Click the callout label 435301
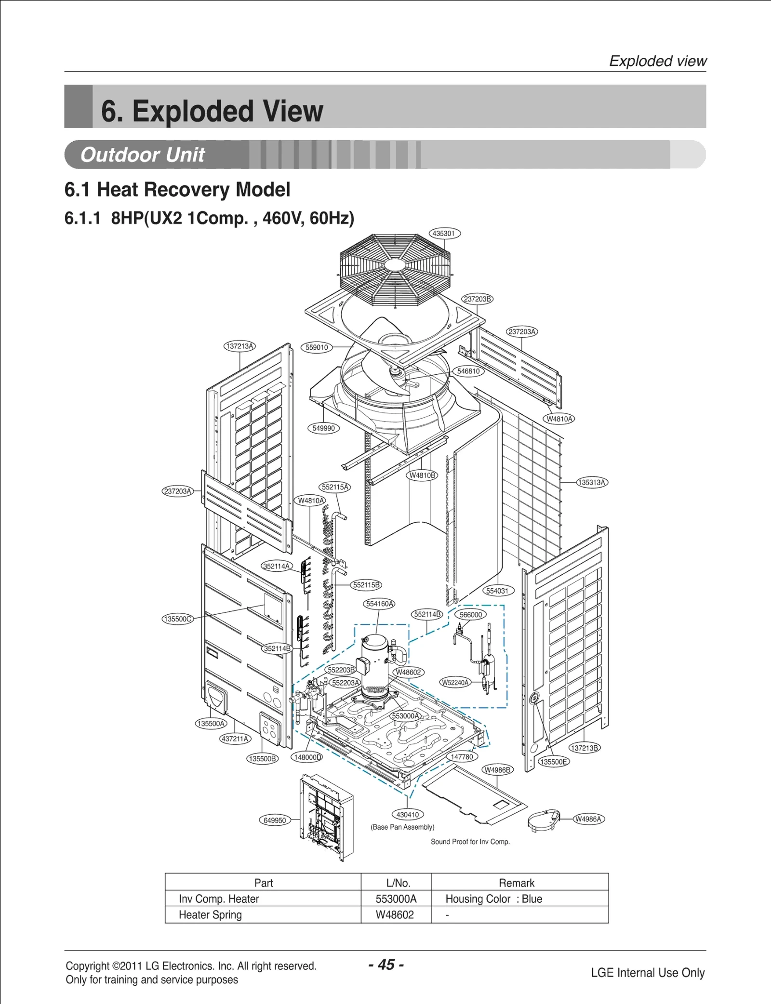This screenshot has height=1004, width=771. tap(443, 234)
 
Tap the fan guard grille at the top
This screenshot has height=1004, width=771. tap(395, 270)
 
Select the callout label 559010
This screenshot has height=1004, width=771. tap(317, 347)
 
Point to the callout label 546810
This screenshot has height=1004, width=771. tap(468, 371)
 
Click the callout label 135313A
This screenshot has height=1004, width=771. tap(592, 482)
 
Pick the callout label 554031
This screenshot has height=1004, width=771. tap(498, 591)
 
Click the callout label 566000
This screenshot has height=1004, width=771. tap(470, 615)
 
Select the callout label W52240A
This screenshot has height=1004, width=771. tap(455, 682)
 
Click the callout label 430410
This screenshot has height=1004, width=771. tap(408, 815)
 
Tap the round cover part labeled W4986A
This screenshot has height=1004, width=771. tap(544, 820)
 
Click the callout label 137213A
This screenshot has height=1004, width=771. tap(239, 346)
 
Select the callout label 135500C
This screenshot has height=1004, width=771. tap(177, 619)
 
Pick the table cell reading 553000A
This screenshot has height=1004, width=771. tap(396, 899)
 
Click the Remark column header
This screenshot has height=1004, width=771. tap(516, 883)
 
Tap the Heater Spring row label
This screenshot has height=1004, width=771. tap(210, 915)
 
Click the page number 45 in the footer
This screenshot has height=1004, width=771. tap(386, 965)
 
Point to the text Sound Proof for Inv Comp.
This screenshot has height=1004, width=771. tap(470, 842)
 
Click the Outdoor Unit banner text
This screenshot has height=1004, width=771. tap(143, 155)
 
